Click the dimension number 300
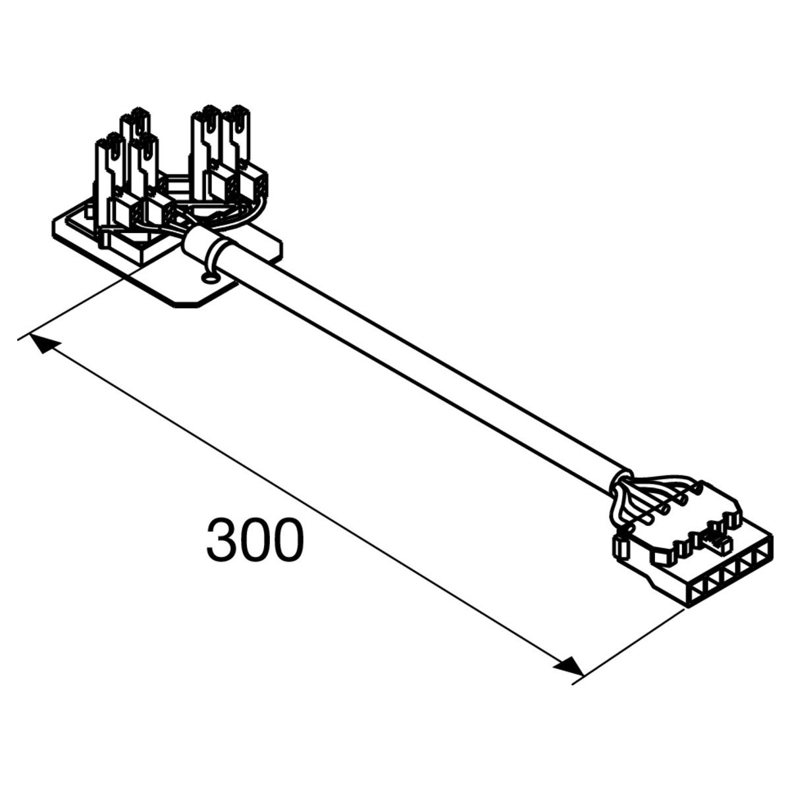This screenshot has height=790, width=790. coord(255,540)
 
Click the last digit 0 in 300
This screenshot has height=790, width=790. coord(288,540)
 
